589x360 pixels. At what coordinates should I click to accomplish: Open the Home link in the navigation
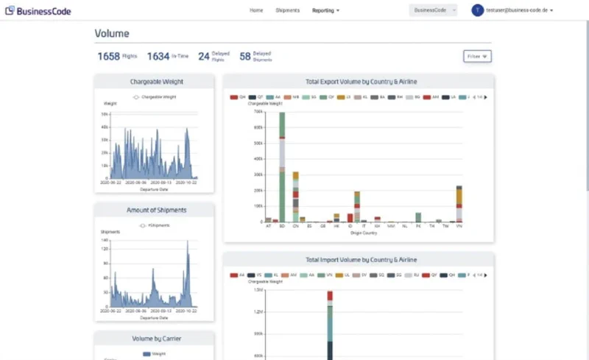click(x=256, y=11)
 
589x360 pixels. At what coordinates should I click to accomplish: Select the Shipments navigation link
click(x=287, y=11)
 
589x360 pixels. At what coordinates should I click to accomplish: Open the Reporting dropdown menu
click(x=325, y=11)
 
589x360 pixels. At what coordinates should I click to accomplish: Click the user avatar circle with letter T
click(x=477, y=10)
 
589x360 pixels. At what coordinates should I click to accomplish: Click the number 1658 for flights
click(x=108, y=56)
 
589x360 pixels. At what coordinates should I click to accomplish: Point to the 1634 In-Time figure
click(x=158, y=56)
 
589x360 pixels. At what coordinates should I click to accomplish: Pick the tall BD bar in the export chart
click(x=282, y=166)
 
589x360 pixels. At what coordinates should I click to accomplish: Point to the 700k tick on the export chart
click(x=258, y=112)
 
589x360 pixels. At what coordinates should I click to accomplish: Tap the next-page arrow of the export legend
click(x=484, y=97)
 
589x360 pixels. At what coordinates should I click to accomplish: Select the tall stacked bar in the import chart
click(x=330, y=324)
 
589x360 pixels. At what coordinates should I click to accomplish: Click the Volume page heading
click(x=112, y=34)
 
